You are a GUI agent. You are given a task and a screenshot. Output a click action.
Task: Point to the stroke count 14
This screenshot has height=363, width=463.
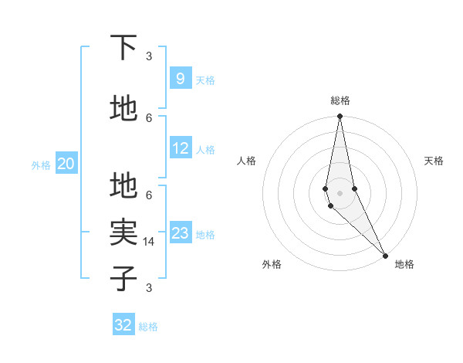coord(149,242)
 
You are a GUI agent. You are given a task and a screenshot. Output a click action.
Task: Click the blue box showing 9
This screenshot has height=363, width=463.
coord(180,78)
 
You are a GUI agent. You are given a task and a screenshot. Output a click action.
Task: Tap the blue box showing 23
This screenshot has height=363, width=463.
coord(181,232)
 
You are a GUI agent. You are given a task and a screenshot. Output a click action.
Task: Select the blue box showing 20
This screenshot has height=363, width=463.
coord(66,163)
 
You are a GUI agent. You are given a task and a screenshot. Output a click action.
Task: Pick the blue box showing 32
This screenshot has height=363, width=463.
coord(123,325)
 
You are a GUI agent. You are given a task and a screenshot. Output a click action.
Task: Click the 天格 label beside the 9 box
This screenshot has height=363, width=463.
coord(204,80)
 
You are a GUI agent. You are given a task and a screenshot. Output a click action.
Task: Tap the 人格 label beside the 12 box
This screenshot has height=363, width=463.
coord(204,149)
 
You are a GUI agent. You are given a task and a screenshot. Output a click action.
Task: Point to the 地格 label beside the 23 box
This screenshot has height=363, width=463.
coord(206,234)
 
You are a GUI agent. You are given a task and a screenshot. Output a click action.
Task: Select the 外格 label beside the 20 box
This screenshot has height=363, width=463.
coord(41,165)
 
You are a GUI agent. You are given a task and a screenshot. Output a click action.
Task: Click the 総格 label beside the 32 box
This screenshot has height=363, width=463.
coord(148,327)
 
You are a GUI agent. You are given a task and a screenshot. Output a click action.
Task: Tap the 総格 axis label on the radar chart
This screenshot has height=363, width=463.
coord(340,100)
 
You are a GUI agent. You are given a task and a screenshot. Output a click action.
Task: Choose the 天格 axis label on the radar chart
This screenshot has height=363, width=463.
coord(434,161)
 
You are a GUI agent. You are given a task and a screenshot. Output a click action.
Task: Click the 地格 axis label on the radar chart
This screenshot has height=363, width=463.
coord(404,264)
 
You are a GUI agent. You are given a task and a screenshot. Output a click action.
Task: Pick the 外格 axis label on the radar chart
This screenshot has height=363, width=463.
coord(272,264)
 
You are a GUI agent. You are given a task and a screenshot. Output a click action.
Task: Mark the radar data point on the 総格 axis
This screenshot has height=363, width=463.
coord(340,117)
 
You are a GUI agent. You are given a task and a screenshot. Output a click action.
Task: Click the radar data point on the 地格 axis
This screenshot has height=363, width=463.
coord(385,254)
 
